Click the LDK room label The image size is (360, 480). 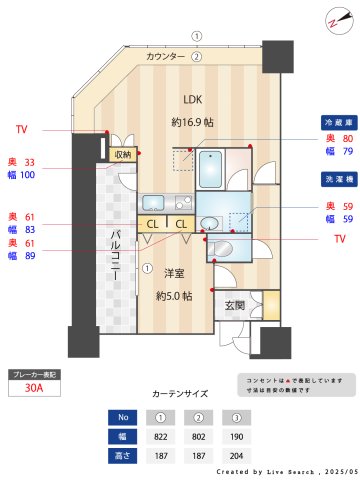191,98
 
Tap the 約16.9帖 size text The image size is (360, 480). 191,122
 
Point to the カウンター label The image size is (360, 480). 165,57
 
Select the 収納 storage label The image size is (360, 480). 123,155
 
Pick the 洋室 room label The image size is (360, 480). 174,273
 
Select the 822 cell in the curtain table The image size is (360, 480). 160,437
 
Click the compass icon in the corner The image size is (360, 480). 333,22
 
